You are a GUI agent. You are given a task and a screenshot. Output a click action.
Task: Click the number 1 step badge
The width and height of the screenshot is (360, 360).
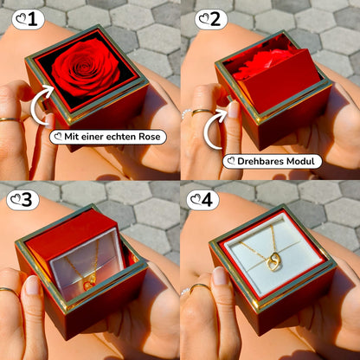click(x=28, y=19)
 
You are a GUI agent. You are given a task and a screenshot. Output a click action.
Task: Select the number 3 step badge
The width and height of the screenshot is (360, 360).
click(x=22, y=200)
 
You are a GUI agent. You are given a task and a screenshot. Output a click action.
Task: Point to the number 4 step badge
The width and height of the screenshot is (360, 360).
click(x=202, y=200)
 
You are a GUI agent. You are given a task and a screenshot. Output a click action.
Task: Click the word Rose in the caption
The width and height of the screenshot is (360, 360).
click(x=149, y=137)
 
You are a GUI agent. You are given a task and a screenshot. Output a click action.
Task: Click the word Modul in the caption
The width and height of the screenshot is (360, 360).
click(x=303, y=161)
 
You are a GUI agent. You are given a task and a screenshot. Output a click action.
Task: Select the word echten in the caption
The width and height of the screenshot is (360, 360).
click(x=121, y=137)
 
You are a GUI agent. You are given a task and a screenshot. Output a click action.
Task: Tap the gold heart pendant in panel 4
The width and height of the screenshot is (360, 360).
click(x=273, y=262)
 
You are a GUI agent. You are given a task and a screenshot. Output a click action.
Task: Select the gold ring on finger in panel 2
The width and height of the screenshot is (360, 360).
click(x=202, y=112)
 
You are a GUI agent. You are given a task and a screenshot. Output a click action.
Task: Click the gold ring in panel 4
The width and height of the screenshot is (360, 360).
click(x=200, y=287)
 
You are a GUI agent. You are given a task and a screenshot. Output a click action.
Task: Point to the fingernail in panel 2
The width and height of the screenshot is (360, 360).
click(x=234, y=109)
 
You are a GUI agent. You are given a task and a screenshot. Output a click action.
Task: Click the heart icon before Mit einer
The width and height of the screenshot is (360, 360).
click(x=59, y=136)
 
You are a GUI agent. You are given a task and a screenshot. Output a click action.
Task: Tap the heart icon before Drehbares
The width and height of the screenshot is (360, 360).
click(x=231, y=161)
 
